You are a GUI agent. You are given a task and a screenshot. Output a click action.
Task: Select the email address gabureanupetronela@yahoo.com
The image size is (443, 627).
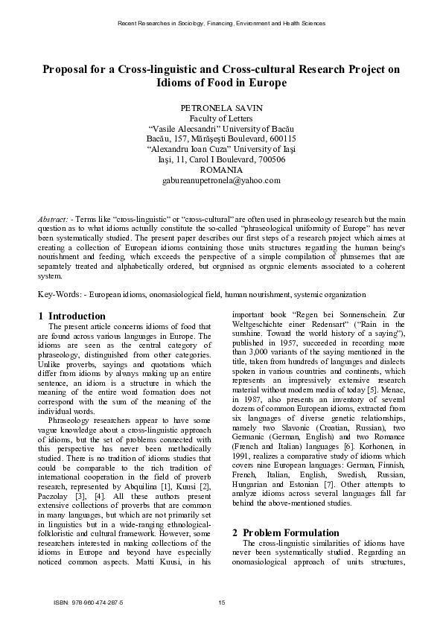[221, 180]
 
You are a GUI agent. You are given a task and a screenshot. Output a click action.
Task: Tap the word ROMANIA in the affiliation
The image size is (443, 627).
[221, 170]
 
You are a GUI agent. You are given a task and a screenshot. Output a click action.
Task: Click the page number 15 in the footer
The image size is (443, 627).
[221, 602]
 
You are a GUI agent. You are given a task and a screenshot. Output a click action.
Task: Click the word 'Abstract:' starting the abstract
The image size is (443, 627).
[53, 220]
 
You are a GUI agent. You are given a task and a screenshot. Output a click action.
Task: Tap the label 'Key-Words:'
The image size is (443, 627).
[58, 295]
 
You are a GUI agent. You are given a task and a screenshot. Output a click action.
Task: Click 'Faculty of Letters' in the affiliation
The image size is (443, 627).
[221, 118]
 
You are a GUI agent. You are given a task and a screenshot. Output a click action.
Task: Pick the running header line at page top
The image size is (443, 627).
[221, 24]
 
